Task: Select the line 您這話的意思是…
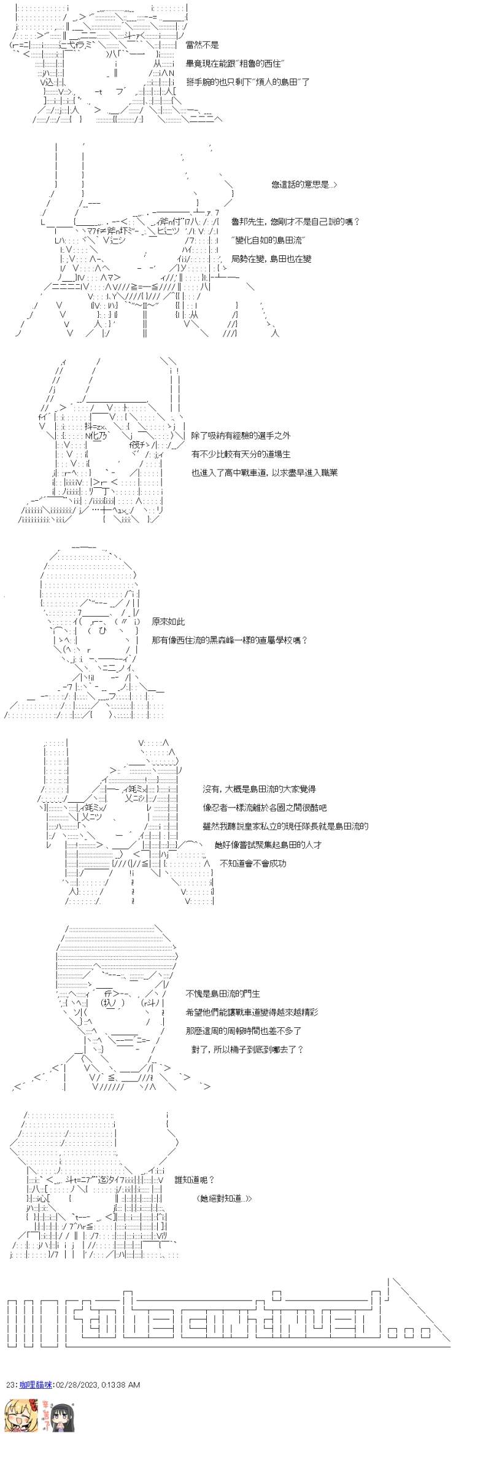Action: pos(304,185)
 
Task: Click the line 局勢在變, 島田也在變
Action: pos(271,258)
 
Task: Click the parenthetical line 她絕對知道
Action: pos(225,1198)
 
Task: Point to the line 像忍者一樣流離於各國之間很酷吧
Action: pos(265,808)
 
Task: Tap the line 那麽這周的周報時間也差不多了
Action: pos(243,1030)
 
